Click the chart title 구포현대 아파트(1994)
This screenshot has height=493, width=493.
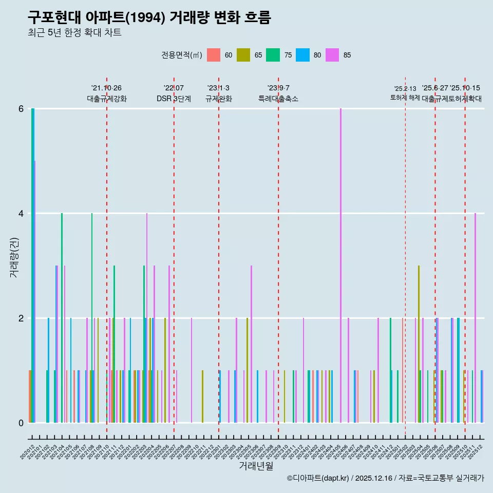pyautogui.click(x=149, y=18)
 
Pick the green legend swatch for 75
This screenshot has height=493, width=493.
pyautogui.click(x=273, y=55)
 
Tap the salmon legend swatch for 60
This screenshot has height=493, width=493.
pyautogui.click(x=214, y=55)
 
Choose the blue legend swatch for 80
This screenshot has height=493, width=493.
pyautogui.click(x=303, y=55)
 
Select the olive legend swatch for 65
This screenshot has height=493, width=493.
pyautogui.click(x=243, y=55)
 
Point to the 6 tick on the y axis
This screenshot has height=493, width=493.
pyautogui.click(x=21, y=109)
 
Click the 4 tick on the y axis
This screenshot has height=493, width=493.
pyautogui.click(x=21, y=214)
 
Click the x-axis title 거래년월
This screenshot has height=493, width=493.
pyautogui.click(x=256, y=466)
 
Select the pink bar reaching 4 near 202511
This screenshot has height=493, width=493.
pyautogui.click(x=475, y=318)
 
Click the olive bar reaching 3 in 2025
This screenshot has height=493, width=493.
pyautogui.click(x=419, y=344)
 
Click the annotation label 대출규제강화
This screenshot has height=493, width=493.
pyautogui.click(x=107, y=99)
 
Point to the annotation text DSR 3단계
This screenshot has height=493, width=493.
pyautogui.click(x=174, y=99)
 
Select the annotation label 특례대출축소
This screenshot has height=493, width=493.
pyautogui.click(x=278, y=99)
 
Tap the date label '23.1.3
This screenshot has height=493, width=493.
pyautogui.click(x=218, y=88)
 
